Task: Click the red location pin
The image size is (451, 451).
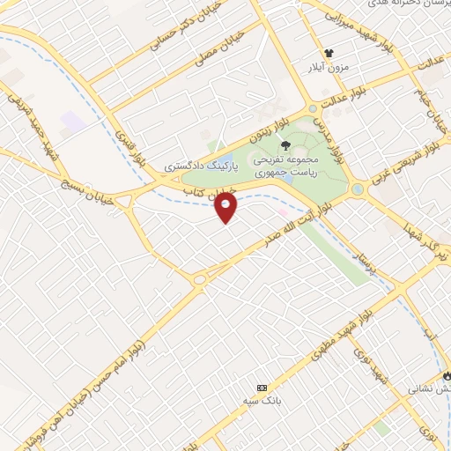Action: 226,207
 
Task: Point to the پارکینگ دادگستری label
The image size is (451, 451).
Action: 197,166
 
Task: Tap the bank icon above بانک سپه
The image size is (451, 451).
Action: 261,388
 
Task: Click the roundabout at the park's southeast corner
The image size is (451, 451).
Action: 358,189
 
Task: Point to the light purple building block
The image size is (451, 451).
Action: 74,122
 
